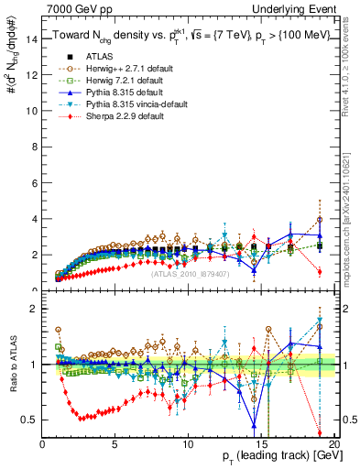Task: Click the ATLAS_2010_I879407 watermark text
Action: click(x=190, y=274)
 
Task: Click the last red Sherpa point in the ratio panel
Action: click(x=320, y=433)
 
